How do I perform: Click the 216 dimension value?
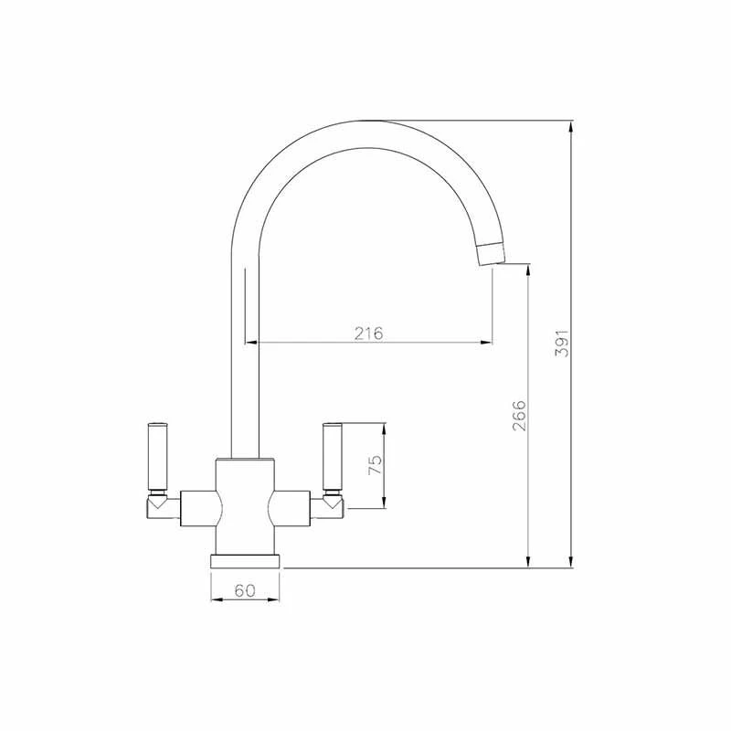[x=369, y=332]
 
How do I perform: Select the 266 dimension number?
[x=518, y=416]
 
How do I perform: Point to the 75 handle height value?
[x=374, y=464]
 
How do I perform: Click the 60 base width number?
[x=245, y=590]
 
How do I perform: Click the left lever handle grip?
[x=157, y=454]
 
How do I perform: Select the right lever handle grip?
[x=332, y=454]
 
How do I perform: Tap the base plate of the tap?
[x=245, y=560]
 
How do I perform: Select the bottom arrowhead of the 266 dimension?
[x=528, y=560]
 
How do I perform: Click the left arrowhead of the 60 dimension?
[x=217, y=600]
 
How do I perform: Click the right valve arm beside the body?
[x=291, y=508]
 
